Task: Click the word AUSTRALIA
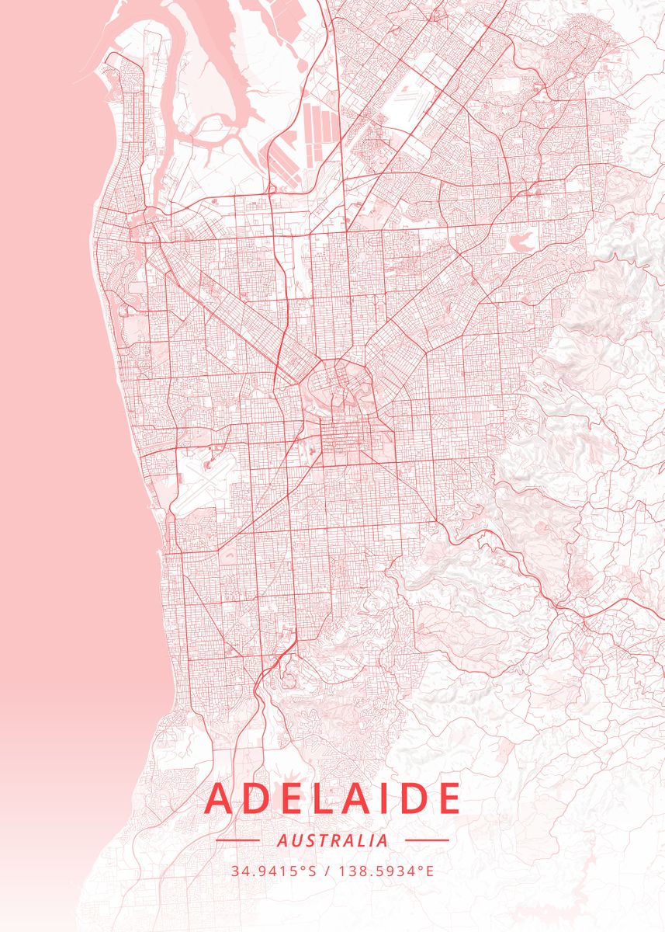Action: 332,840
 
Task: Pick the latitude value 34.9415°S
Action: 273,871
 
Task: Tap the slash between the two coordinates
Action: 327,871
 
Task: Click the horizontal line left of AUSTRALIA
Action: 237,840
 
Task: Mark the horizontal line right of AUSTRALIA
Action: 427,840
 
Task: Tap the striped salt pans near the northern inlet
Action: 318,128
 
